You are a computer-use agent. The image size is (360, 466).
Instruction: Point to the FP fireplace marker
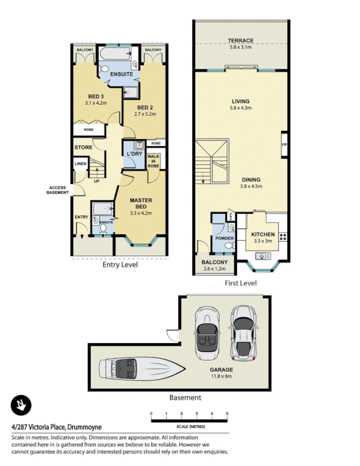pyautogui.click(x=284, y=144)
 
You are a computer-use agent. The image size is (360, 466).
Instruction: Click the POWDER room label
pyautogui.click(x=224, y=238)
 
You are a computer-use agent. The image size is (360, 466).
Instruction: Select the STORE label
pyautogui.click(x=83, y=147)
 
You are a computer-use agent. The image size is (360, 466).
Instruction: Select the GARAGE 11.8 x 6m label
pyautogui.click(x=221, y=373)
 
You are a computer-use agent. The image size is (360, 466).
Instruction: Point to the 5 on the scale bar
pyautogui.click(x=227, y=414)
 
